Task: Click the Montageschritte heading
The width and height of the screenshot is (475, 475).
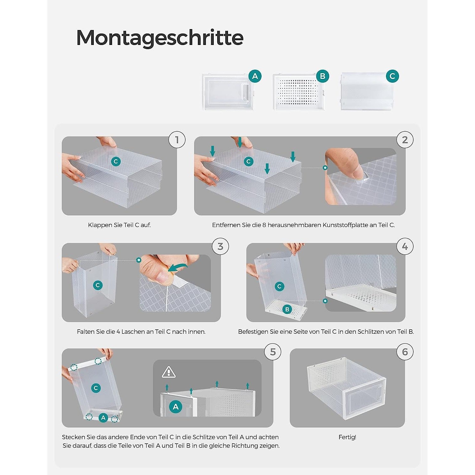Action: point(160,38)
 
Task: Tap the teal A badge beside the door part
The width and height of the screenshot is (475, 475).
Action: point(255,76)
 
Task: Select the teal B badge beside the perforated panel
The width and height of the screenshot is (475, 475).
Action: point(323,76)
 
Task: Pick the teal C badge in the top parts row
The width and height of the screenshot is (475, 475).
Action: point(392,76)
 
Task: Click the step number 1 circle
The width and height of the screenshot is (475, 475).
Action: point(177,140)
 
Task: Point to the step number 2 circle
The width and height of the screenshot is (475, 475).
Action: point(405,140)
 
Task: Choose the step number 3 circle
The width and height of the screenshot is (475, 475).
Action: point(220,246)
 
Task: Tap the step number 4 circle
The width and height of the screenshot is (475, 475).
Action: point(405,246)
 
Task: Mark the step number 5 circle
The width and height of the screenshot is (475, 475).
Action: point(273,352)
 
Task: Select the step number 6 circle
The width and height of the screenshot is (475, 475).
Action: point(405,352)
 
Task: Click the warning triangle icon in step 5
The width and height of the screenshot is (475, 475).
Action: point(169,372)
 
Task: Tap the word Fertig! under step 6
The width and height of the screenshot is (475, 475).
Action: point(347,437)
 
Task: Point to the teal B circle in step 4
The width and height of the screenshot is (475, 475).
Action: point(287,309)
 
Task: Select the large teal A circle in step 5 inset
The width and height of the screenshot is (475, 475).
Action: point(176,407)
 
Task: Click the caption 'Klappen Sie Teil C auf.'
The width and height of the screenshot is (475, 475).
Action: point(119,225)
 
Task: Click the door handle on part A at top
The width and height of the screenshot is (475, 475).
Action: point(244,92)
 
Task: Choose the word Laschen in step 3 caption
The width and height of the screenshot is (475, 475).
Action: point(132,332)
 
